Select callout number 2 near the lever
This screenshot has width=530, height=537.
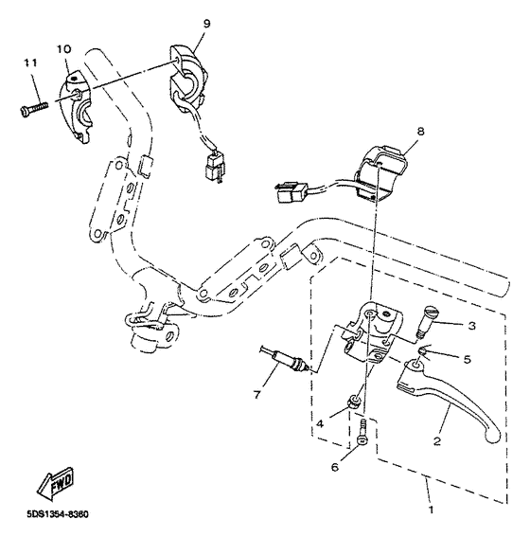tap(436, 439)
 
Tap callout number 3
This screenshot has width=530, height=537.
tap(469, 326)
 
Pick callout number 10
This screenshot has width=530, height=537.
tap(64, 47)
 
